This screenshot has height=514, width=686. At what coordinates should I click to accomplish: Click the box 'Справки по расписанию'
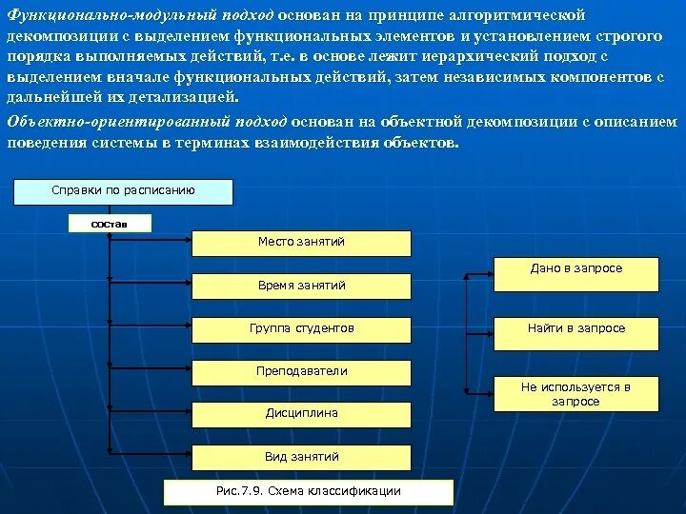[123, 191]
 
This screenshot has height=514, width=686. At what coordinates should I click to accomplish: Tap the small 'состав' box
[111, 224]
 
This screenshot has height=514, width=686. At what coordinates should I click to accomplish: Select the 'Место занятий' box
[301, 243]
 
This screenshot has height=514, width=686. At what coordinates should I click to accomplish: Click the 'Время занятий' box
[301, 286]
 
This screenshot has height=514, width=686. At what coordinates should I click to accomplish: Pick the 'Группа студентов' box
[301, 329]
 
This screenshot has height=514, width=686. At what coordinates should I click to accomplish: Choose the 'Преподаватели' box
[301, 372]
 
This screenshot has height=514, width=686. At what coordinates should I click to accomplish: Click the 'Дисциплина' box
[301, 414]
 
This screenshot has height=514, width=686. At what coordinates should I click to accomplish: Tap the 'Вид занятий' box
[301, 458]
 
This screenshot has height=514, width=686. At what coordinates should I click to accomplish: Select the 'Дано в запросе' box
[575, 274]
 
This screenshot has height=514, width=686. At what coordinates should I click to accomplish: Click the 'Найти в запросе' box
[575, 329]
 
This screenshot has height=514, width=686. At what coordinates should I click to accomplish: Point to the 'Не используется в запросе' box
[575, 394]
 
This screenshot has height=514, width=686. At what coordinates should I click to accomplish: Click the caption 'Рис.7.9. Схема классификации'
[309, 492]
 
